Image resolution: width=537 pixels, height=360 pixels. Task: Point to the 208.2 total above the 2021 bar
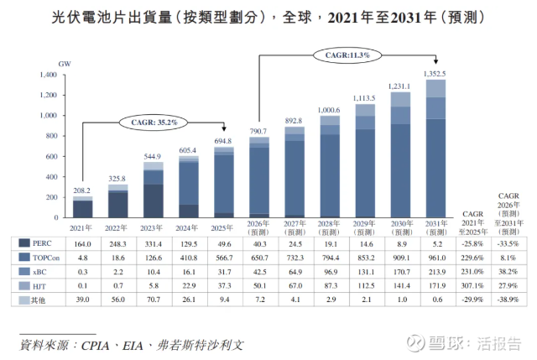[83, 190]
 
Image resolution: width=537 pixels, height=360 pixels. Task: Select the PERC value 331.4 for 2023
[153, 243]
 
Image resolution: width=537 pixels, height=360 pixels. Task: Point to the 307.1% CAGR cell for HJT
[473, 287]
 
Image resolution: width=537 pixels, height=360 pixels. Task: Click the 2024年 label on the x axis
[187, 227]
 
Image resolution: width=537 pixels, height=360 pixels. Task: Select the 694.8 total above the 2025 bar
[223, 141]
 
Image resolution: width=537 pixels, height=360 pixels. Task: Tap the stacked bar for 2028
[328, 168]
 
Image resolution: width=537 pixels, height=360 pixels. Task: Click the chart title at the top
[268, 18]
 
